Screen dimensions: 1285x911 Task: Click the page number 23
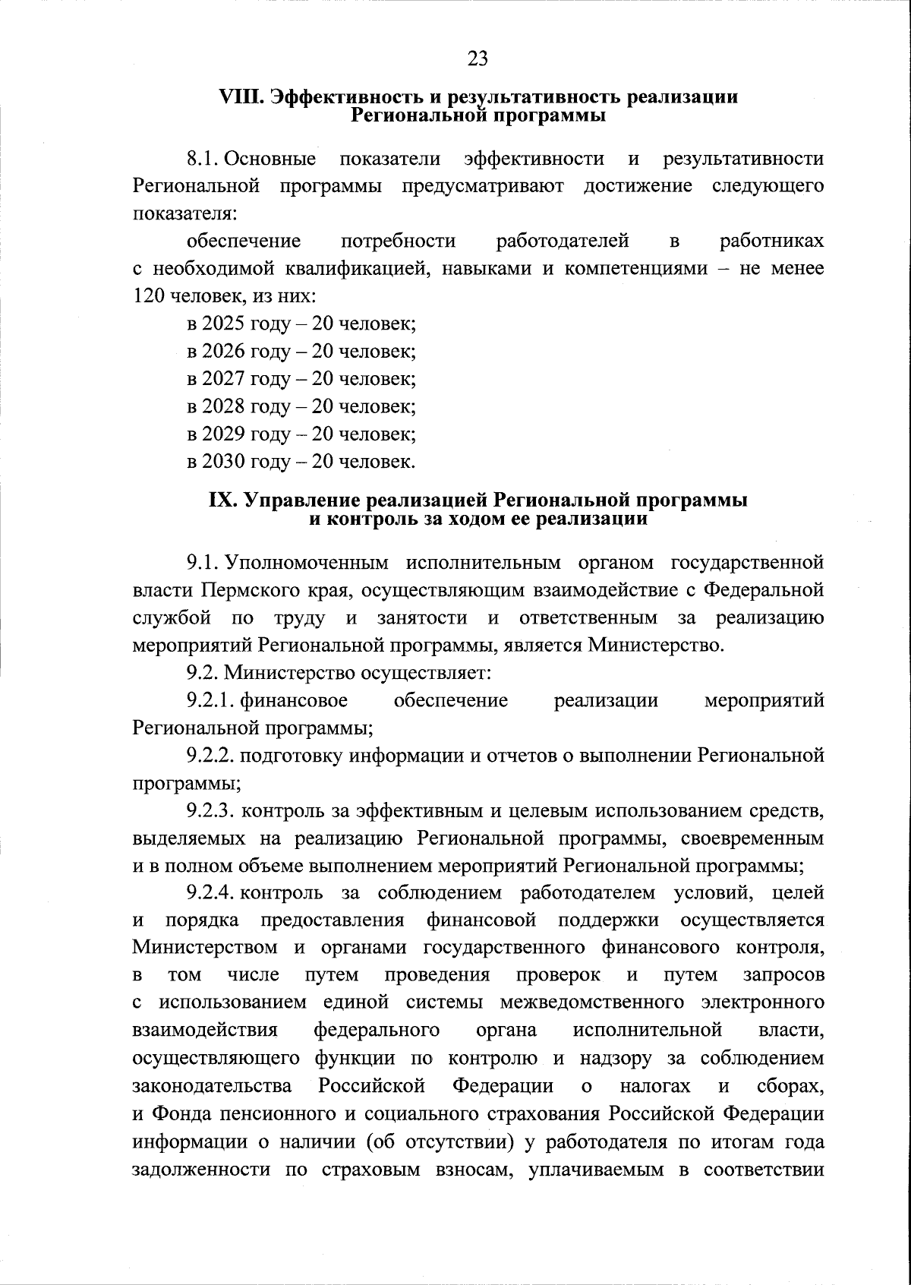(x=478, y=58)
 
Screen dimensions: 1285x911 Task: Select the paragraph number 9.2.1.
(x=211, y=700)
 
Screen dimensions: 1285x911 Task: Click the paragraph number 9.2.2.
(x=213, y=756)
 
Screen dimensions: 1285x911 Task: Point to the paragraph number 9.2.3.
(x=213, y=811)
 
